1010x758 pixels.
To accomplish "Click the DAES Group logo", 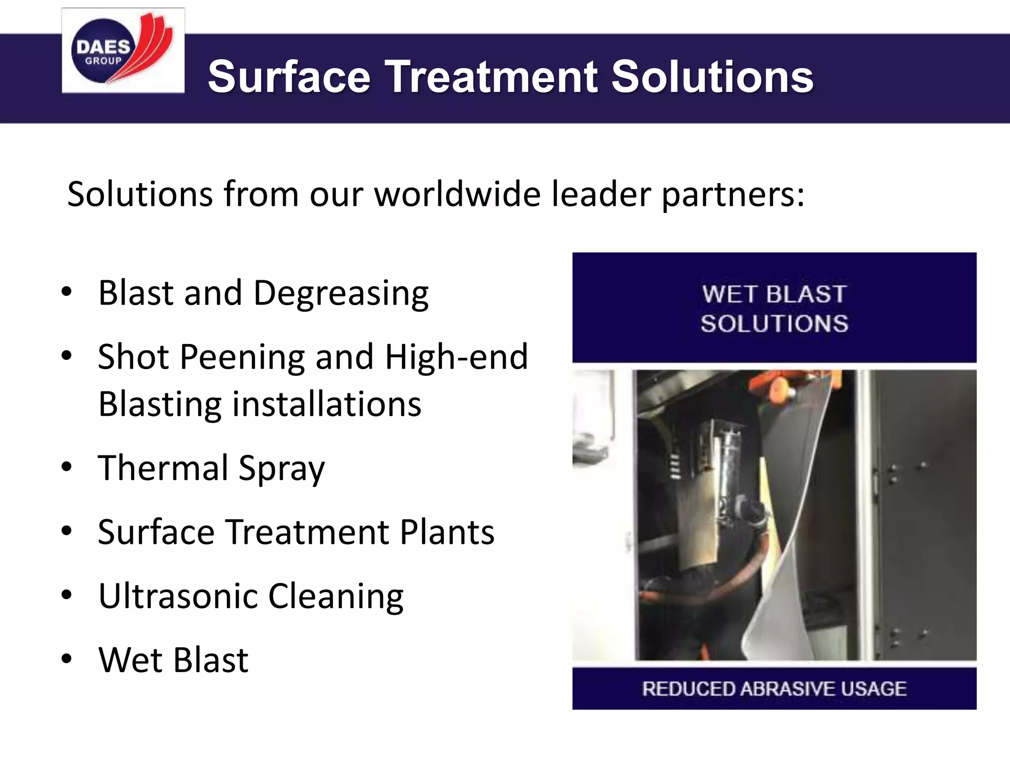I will point(123,50).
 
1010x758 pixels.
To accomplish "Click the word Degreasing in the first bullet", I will point(341,294).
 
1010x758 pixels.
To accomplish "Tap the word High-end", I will point(456,357).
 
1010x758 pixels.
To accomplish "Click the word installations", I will point(326,404).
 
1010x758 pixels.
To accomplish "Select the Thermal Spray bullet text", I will point(212,468).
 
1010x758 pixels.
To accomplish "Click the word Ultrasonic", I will point(178,596).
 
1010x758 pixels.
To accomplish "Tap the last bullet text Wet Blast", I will point(173,660).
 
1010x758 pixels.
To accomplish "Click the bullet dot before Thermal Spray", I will point(67,467).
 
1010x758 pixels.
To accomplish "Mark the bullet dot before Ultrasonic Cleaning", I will point(67,595).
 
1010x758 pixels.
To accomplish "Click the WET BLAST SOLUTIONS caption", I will point(774,309).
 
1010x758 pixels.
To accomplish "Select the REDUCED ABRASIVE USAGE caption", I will point(774,688).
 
